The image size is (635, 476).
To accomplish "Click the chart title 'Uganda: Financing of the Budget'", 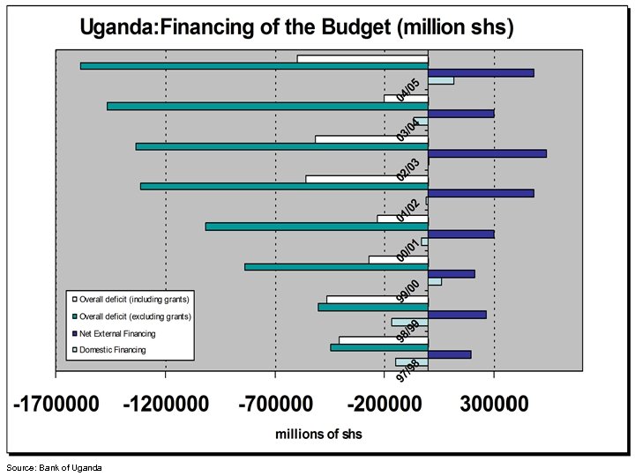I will pyautogui.click(x=296, y=27).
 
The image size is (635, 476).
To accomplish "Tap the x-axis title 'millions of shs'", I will pyautogui.click(x=318, y=434).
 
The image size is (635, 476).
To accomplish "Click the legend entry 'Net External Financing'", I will pyautogui.click(x=117, y=334).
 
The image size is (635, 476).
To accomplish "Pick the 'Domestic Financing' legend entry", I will pyautogui.click(x=112, y=350).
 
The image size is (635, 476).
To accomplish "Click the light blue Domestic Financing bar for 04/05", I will pyautogui.click(x=441, y=81).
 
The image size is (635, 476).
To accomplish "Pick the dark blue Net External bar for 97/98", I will pyautogui.click(x=450, y=354).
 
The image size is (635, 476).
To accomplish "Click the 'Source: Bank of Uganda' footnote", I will pyautogui.click(x=54, y=467).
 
